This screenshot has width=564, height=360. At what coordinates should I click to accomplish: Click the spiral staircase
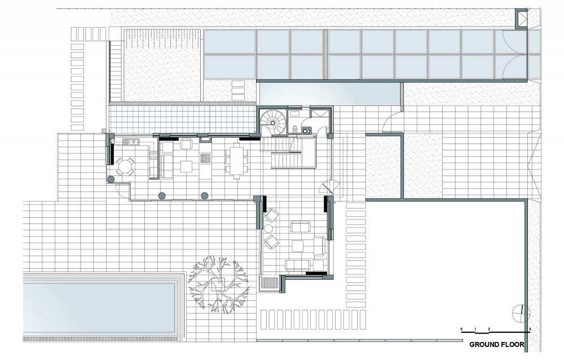(272, 122)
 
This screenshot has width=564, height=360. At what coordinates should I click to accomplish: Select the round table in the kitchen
(125, 166)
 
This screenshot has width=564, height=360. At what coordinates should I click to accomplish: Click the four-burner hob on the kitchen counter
(153, 155)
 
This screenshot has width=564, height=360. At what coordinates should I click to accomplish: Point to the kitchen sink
(131, 142)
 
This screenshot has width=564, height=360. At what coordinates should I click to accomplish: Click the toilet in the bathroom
(294, 128)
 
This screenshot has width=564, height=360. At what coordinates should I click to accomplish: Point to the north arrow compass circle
(521, 314)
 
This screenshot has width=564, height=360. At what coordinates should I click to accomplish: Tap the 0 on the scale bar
(461, 329)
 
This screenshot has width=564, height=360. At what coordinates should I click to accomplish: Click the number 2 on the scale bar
(489, 329)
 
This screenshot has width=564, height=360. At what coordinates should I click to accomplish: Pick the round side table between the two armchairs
(268, 228)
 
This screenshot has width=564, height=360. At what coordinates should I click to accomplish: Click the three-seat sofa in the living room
(298, 265)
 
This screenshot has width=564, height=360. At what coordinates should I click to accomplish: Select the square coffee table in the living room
(297, 246)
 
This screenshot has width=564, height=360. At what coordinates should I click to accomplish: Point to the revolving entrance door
(330, 187)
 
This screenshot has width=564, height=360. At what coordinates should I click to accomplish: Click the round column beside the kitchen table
(111, 179)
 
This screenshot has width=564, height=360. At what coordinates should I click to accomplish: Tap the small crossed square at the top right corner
(521, 19)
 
